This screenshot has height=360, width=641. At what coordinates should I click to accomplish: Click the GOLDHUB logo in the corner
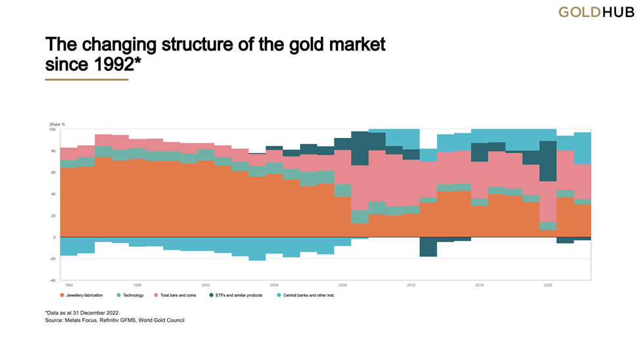click(592, 12)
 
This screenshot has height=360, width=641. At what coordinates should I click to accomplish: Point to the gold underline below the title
click(86, 79)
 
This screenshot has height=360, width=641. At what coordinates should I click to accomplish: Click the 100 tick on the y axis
click(54, 129)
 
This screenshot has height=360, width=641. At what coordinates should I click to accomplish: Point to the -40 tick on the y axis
click(54, 281)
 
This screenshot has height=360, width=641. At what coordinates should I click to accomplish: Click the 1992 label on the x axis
click(69, 286)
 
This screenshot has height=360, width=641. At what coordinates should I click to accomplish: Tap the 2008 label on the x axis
click(343, 286)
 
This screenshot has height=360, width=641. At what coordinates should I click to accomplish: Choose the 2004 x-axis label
click(274, 286)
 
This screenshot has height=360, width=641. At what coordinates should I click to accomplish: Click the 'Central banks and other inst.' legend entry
click(304, 296)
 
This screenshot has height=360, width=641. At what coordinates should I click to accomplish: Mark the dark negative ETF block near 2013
click(428, 246)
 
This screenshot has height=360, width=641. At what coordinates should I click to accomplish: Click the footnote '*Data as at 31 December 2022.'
click(82, 313)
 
